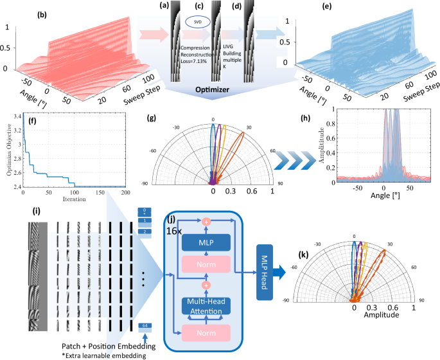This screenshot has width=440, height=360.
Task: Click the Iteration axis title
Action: coord(74,200)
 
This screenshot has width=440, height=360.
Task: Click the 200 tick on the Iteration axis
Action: coord(124,193)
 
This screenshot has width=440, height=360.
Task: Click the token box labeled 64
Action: coord(145,327)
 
